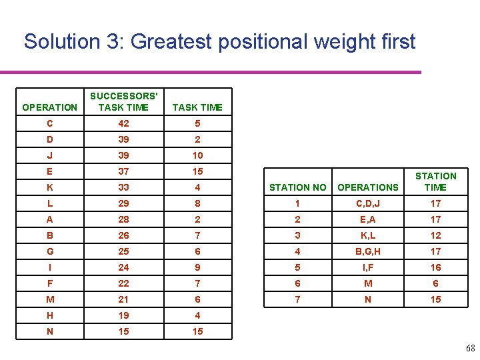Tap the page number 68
[471, 348]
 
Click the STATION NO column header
[297, 187]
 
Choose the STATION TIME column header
[435, 181]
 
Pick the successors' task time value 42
[123, 123]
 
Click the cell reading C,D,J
[368, 203]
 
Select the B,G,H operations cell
[368, 251]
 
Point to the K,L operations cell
[368, 235]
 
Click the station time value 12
[435, 235]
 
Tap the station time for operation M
[435, 283]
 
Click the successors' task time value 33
[123, 187]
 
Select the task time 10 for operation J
[197, 155]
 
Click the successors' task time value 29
[123, 203]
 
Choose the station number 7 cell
[297, 299]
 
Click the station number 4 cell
[297, 251]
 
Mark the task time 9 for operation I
[197, 267]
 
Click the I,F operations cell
[368, 267]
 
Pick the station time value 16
[435, 267]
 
